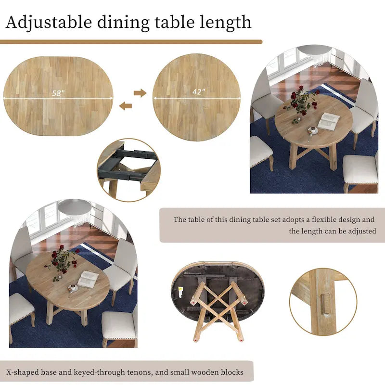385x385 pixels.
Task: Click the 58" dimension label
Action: [x=58, y=93]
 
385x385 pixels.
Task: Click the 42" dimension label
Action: [x=197, y=92]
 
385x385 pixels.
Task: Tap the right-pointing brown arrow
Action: [x=140, y=93]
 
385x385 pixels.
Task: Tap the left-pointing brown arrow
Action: [x=126, y=106]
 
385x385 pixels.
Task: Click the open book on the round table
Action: [x=329, y=120]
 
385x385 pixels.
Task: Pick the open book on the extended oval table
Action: [x=88, y=279]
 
